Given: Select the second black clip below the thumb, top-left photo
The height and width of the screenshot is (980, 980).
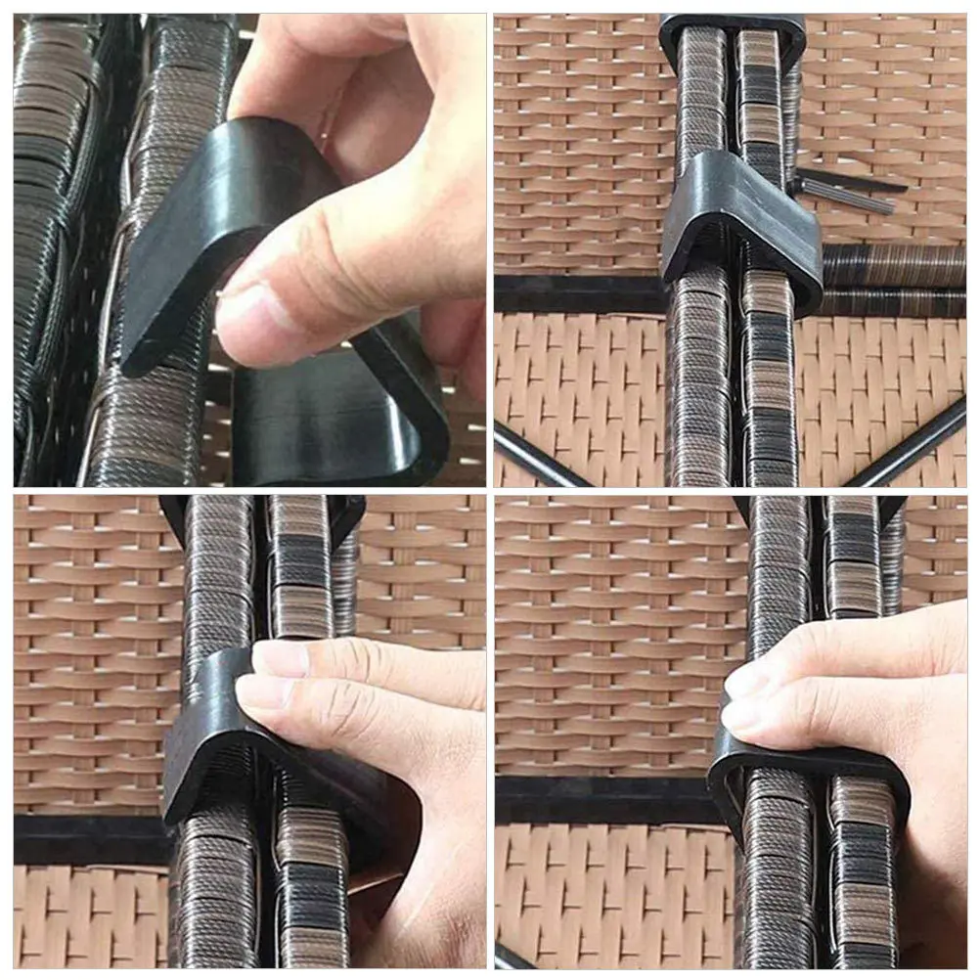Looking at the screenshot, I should click(x=342, y=411).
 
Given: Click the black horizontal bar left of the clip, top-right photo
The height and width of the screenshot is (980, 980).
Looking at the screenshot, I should click(x=577, y=293).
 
